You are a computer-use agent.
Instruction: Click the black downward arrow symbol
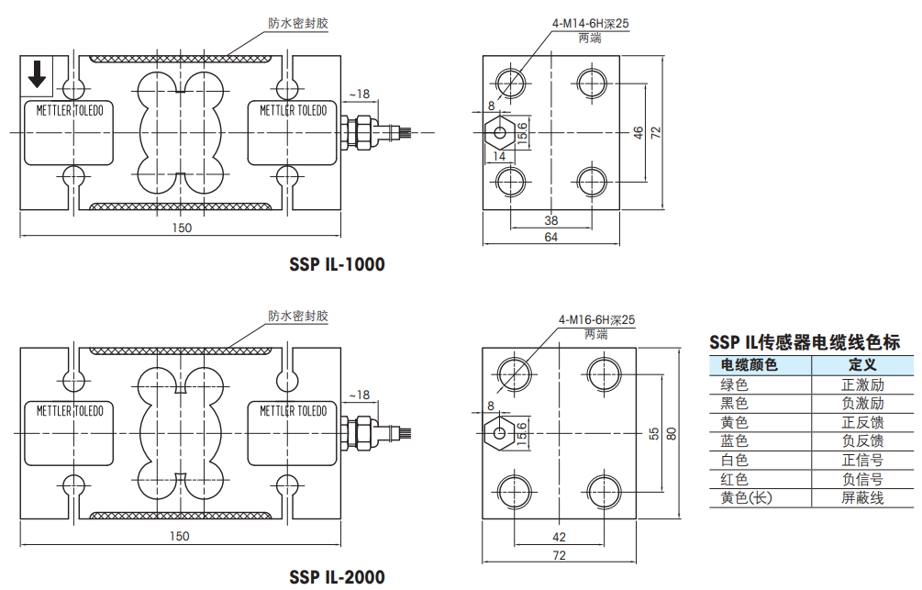37,74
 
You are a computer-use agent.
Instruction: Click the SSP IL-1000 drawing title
337,264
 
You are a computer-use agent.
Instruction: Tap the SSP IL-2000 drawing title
337,576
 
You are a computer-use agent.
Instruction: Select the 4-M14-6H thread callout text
591,24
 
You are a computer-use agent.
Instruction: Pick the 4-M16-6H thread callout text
597,320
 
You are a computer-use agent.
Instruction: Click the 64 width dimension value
551,237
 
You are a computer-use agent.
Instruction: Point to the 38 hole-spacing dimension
551,220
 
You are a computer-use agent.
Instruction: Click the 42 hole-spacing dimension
560,537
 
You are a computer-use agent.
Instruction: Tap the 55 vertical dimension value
654,434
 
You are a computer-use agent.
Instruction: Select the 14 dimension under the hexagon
499,157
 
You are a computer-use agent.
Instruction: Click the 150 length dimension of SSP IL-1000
182,228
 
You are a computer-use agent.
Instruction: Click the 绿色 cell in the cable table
735,384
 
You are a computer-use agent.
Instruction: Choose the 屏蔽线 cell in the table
862,497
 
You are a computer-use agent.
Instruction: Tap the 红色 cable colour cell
735,479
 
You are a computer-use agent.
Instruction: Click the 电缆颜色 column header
750,365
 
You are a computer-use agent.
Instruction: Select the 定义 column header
862,365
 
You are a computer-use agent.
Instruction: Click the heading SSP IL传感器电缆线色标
805,342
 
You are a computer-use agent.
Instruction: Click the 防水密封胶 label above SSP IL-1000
298,24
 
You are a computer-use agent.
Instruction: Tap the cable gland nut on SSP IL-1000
362,132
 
